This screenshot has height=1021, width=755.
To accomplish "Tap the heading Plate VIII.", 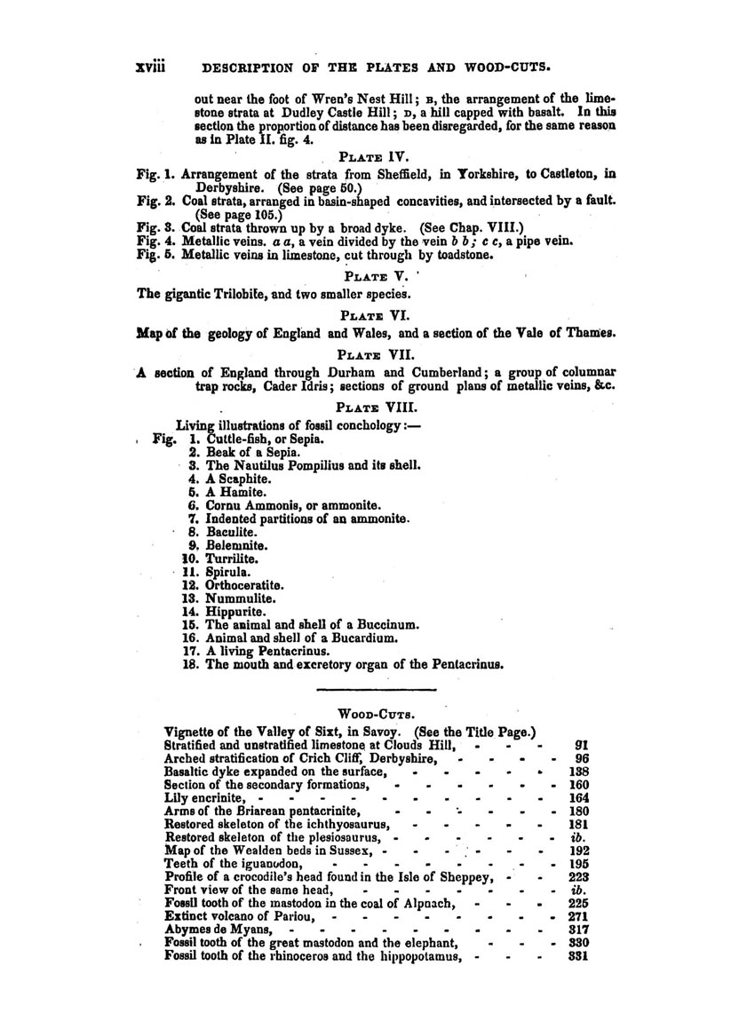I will pos(377,410).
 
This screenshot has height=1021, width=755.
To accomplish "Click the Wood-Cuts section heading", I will pos(377,712).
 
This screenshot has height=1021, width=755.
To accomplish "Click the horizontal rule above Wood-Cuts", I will pos(377,689).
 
